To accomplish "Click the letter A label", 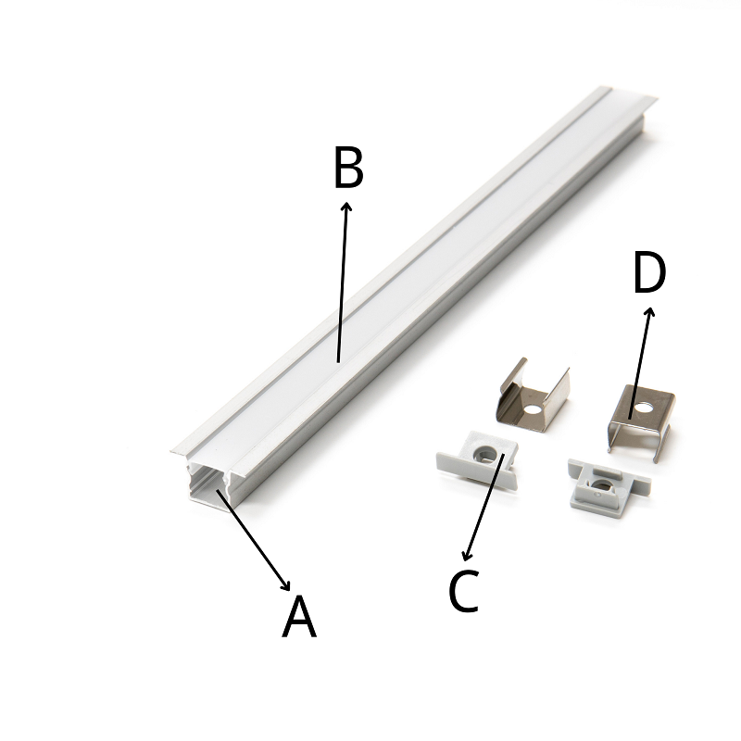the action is click(299, 616).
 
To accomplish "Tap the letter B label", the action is click(348, 167).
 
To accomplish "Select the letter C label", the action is click(464, 591).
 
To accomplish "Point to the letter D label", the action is click(649, 272).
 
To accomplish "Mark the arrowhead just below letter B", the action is click(347, 207).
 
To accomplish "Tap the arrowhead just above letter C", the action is click(467, 557).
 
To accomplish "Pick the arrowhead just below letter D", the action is click(650, 312).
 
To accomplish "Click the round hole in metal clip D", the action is click(643, 407).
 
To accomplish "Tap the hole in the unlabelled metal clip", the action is click(533, 408).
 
